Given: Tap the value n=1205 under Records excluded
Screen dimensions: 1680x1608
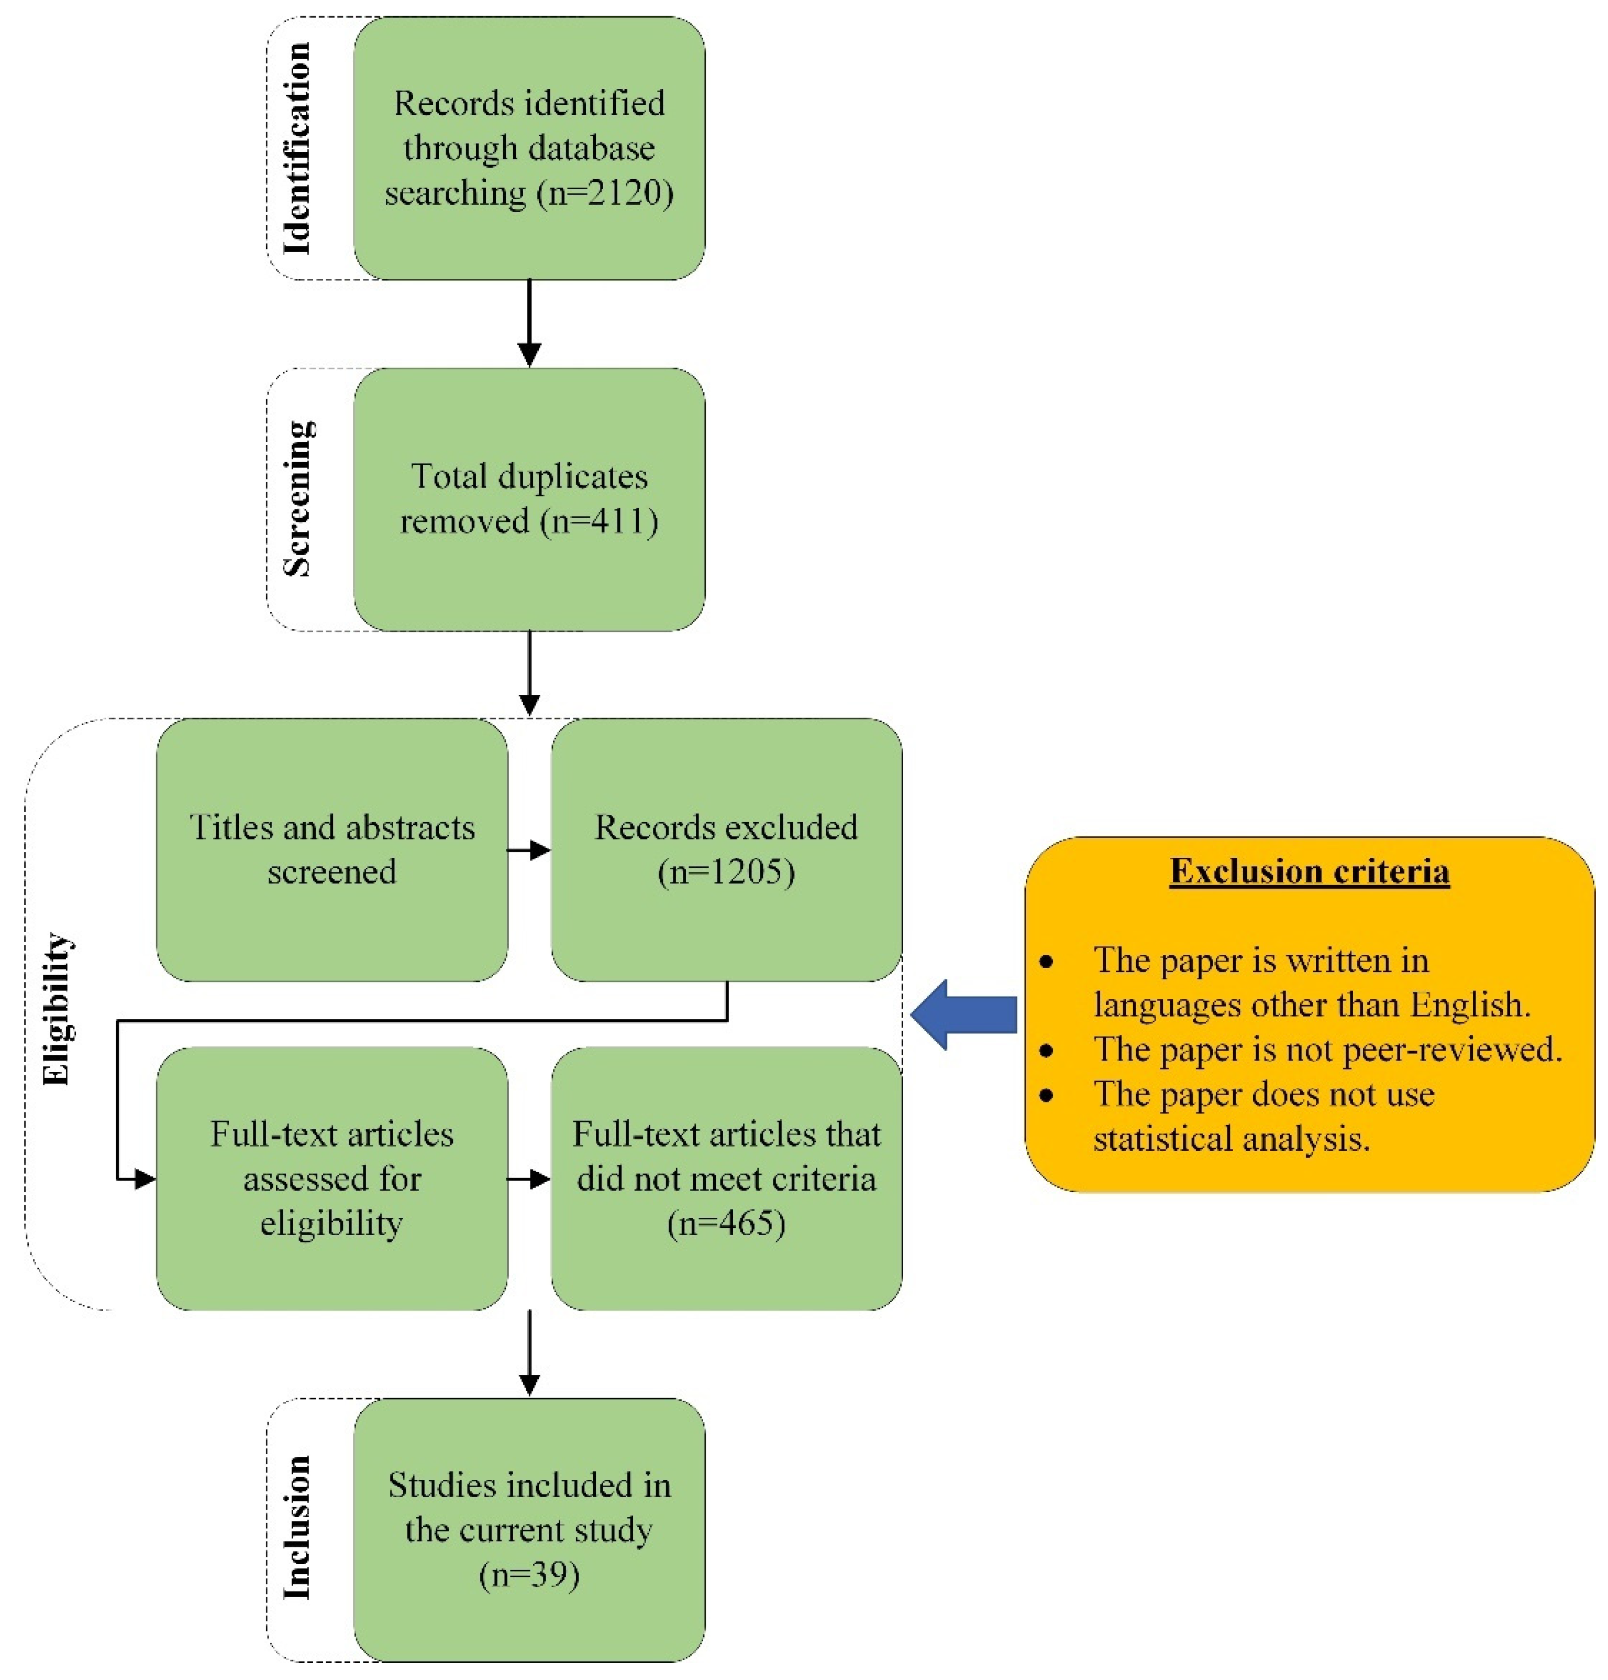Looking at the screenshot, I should pos(726,872).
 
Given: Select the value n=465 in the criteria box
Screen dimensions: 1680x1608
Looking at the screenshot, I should pos(726,1223).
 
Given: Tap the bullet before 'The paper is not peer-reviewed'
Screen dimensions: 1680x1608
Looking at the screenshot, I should pos(1046,1051).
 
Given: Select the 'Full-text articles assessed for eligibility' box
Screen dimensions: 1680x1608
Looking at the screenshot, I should pos(331,1179).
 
